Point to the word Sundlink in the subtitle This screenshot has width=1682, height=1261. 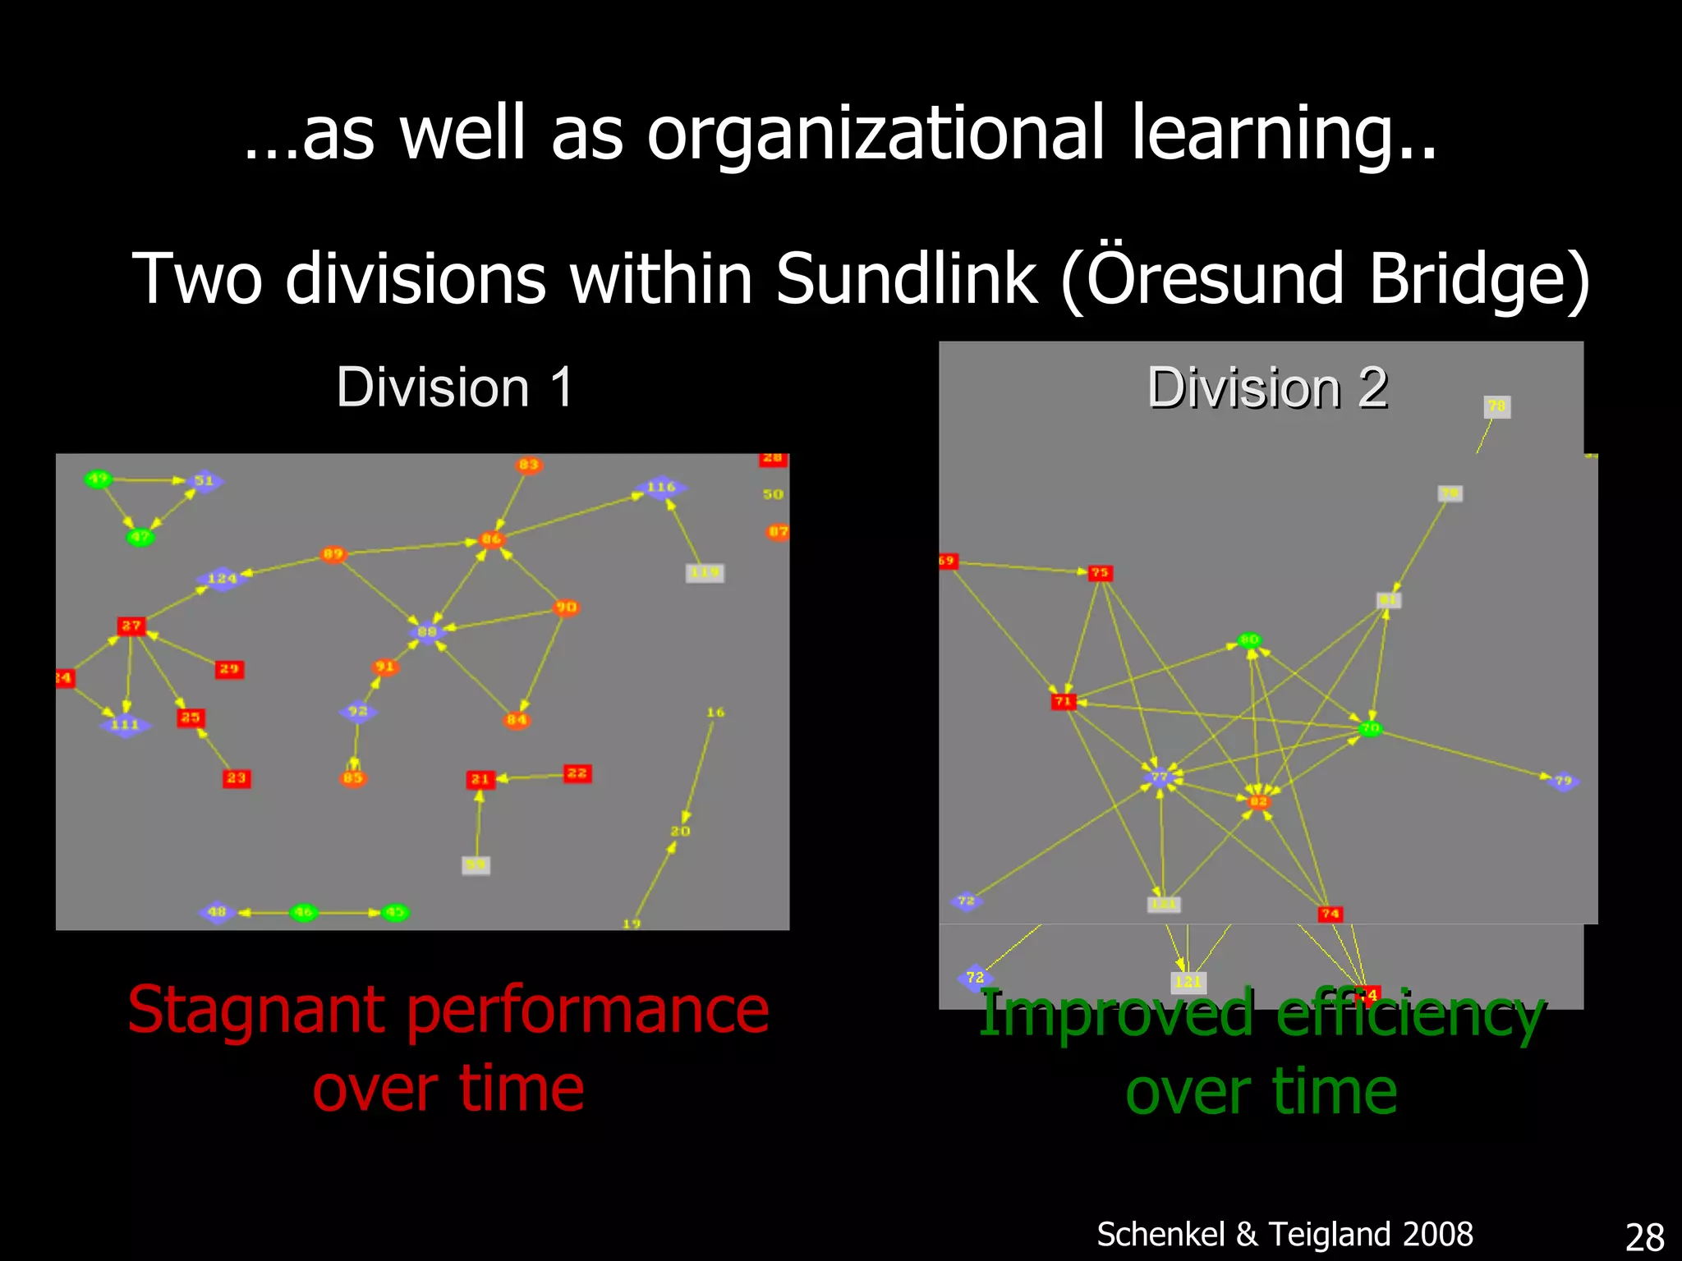coord(906,279)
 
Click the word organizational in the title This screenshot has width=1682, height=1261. coord(875,134)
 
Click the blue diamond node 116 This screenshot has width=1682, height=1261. coord(660,487)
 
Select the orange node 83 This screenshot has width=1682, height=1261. coord(528,465)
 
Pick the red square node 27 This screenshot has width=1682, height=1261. coord(131,626)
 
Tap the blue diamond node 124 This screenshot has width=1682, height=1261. coord(221,578)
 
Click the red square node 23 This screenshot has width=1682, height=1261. coord(237,777)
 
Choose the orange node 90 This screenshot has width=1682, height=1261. coord(566,608)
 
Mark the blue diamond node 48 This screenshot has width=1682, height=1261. coord(217,911)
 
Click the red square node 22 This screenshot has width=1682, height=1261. coord(577,773)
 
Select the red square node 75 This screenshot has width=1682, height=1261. coord(1100,572)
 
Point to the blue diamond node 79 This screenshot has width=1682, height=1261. coord(1562,781)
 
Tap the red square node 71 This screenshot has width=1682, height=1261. coord(1063,701)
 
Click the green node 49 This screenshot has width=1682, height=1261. coord(98,479)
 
